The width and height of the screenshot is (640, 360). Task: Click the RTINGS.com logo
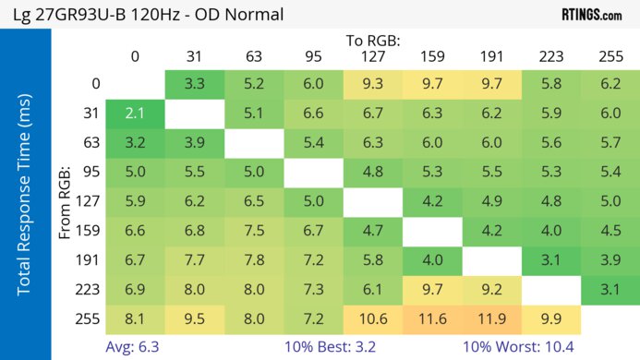[591, 14]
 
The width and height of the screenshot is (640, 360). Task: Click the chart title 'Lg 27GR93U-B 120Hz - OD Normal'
[148, 14]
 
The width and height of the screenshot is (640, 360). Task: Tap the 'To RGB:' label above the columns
[374, 41]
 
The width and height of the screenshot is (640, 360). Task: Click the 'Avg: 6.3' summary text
[135, 346]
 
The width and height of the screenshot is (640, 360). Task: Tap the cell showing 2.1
[135, 114]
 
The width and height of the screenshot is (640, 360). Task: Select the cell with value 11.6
[433, 320]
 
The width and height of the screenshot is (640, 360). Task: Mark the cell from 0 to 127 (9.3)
[373, 84]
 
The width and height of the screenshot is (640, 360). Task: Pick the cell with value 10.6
[373, 320]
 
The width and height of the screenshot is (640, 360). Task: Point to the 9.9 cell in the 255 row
[551, 320]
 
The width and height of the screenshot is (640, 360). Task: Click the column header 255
[610, 56]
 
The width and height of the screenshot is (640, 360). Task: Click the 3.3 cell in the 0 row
[195, 84]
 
